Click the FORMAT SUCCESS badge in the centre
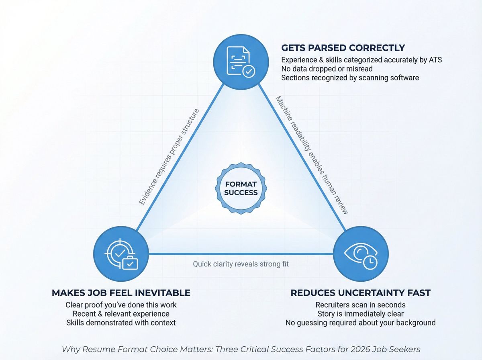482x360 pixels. [241, 188]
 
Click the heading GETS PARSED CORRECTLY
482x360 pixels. [343, 48]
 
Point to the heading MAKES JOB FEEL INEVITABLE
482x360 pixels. [121, 292]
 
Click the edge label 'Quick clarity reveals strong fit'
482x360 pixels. [241, 264]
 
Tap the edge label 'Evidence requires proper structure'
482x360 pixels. [169, 157]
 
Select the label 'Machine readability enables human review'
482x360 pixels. [311, 155]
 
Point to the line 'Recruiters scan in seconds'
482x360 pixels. [360, 305]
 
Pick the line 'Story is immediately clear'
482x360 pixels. [360, 313]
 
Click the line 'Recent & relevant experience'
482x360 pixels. [121, 313]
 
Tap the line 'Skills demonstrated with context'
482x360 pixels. [121, 322]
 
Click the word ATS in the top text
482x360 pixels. [435, 60]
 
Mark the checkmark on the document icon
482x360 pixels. [249, 72]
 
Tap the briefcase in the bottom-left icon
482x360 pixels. [130, 263]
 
